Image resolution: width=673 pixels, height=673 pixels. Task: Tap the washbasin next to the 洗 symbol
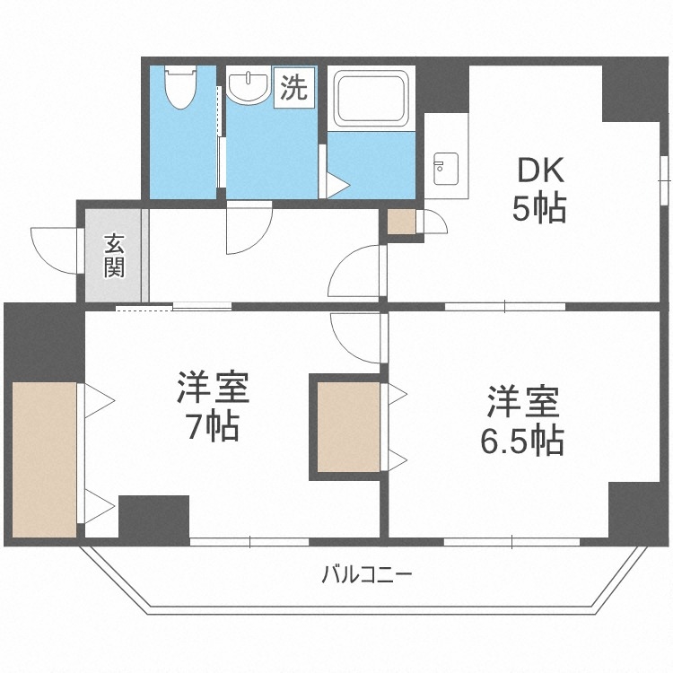(x=248, y=87)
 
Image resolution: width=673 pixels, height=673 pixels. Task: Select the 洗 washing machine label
(x=294, y=88)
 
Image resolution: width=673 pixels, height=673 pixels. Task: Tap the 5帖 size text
(x=538, y=209)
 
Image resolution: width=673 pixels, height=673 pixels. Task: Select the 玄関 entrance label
(x=114, y=255)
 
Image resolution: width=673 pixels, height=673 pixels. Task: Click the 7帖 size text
(x=212, y=427)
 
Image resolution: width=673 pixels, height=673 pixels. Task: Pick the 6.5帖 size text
(x=525, y=440)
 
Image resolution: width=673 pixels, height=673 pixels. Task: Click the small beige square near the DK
(x=401, y=221)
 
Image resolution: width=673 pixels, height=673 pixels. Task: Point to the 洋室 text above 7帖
(x=212, y=388)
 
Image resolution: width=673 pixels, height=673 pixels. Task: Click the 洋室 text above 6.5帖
(x=524, y=401)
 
